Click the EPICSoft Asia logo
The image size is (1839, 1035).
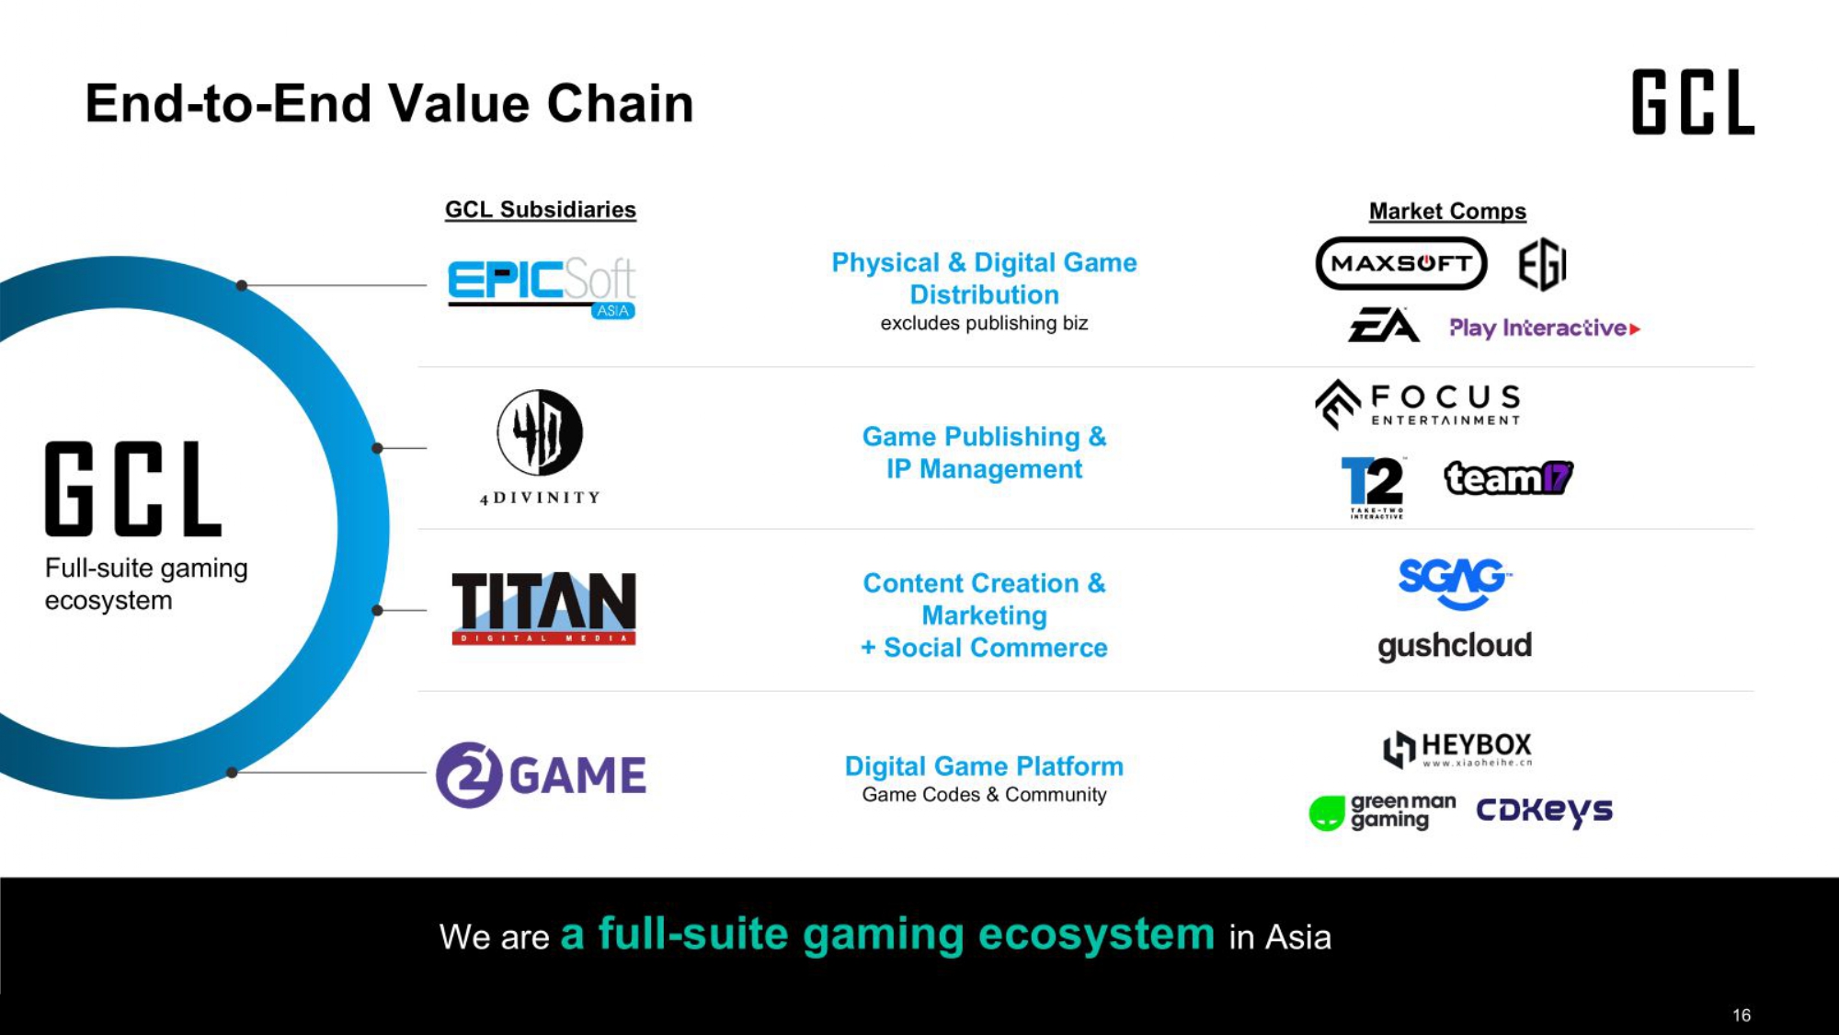[x=542, y=288]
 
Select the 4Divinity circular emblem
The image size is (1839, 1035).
[x=540, y=431]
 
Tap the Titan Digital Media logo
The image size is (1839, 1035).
[x=543, y=608]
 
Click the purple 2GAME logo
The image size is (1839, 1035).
[x=541, y=775]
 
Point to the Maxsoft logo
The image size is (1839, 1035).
[x=1400, y=263]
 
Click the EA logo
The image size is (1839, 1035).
[x=1384, y=325]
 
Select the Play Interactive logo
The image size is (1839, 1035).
[x=1545, y=328]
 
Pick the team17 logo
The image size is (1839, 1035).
[x=1509, y=477]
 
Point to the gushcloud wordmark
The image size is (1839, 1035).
[x=1455, y=646]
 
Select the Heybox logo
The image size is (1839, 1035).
[x=1457, y=749]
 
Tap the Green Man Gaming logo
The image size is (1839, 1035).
[x=1383, y=811]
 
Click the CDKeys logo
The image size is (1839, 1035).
[x=1545, y=811]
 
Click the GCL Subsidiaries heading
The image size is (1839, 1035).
[x=541, y=210]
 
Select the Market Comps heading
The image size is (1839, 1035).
[x=1447, y=212]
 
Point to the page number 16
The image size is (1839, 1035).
[x=1742, y=1015]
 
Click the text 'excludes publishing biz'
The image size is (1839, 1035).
[x=984, y=323]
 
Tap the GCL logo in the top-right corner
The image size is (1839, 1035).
[x=1693, y=102]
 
